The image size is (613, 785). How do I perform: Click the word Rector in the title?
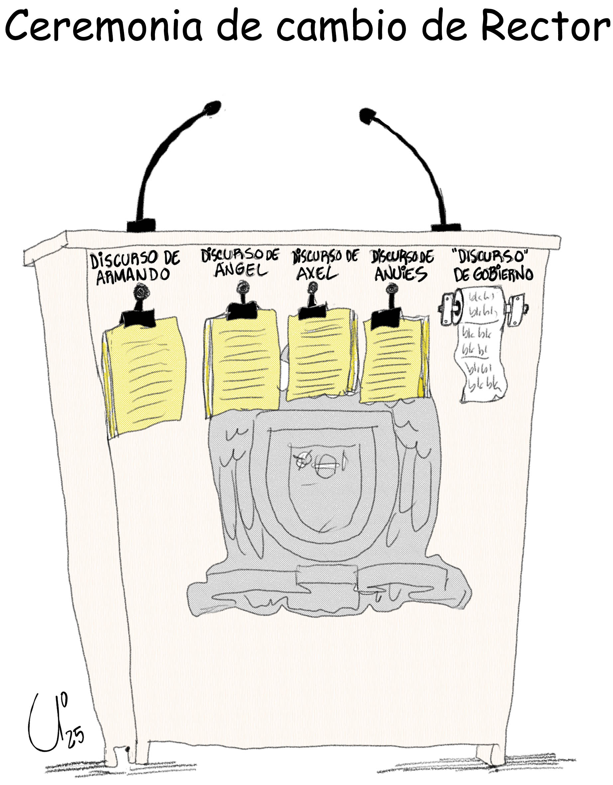point(546,26)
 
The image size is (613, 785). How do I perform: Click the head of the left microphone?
point(212,108)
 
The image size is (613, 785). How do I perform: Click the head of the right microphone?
point(367,116)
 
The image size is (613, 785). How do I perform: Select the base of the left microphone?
point(141,225)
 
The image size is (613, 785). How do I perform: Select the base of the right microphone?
point(446,227)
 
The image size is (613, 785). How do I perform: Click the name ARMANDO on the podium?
point(133,276)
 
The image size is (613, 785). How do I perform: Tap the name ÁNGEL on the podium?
point(241,270)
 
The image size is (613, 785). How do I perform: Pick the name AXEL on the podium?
point(317,274)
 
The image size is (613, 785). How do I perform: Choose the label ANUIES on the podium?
point(401,275)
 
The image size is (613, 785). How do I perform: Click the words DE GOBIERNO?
point(493,275)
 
